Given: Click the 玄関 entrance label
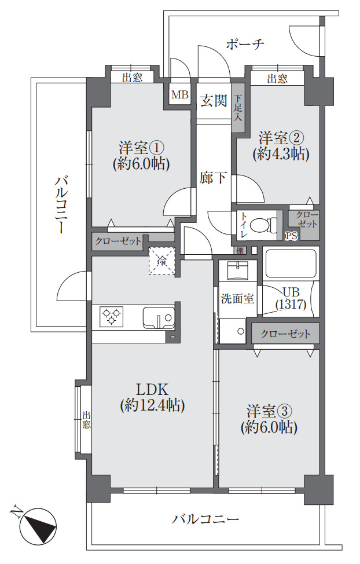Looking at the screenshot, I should [x=213, y=101].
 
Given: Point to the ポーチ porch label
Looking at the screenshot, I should [x=245, y=44].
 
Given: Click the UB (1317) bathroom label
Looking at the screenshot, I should [x=290, y=298].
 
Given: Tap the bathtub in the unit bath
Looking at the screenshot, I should [x=289, y=263].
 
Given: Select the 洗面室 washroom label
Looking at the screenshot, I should [x=236, y=299].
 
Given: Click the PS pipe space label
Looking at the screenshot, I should [x=291, y=236].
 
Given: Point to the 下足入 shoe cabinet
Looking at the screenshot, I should [x=238, y=108].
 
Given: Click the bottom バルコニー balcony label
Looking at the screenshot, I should [x=205, y=519].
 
